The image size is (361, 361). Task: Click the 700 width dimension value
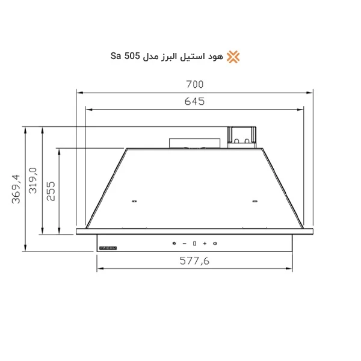tap(194, 84)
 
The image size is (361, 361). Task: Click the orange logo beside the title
tap(233, 57)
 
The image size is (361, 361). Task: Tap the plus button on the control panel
tap(205, 243)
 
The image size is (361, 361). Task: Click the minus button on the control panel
tap(184, 243)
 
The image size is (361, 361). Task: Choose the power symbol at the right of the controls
tap(215, 243)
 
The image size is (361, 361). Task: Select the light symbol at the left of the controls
tap(174, 243)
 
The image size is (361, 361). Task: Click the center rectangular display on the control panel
tap(194, 243)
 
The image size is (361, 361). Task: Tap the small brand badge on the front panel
tap(108, 246)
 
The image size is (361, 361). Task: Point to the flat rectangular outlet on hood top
tap(196, 143)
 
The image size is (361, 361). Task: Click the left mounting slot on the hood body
tap(133, 202)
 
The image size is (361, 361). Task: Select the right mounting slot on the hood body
tap(255, 202)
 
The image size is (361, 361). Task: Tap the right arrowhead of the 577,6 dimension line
tap(291, 269)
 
